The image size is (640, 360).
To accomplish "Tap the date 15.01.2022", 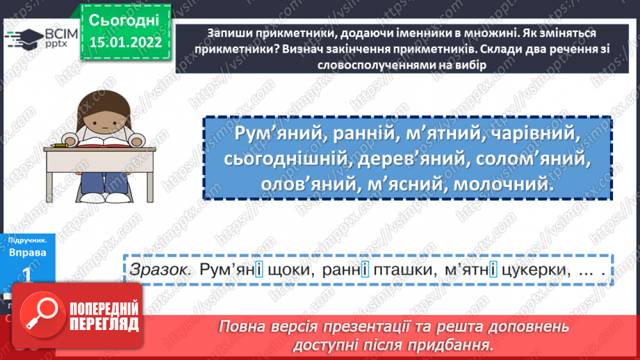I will click(x=125, y=42).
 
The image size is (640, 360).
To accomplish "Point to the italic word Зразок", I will click(x=160, y=270).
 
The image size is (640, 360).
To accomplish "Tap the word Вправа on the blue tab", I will click(x=28, y=253).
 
